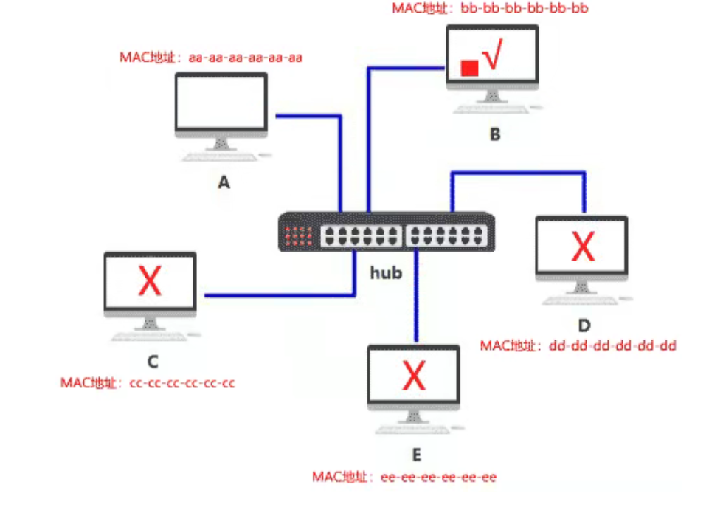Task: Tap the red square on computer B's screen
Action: [x=468, y=69]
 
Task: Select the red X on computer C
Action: [x=150, y=282]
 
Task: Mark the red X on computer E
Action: [x=414, y=376]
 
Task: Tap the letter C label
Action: [x=153, y=361]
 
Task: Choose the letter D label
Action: [x=584, y=325]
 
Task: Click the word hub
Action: [x=386, y=273]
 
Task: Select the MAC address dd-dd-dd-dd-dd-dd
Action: [x=612, y=345]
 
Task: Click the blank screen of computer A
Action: [x=221, y=103]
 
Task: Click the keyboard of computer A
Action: [x=221, y=157]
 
